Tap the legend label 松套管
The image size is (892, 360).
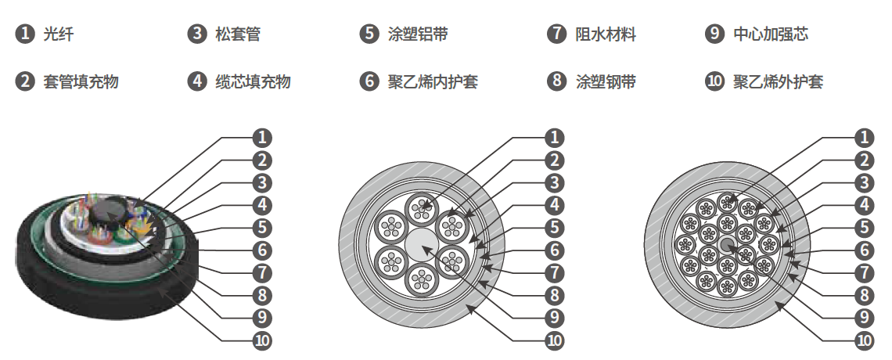pyautogui.click(x=238, y=34)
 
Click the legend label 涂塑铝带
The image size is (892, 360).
pyautogui.click(x=418, y=34)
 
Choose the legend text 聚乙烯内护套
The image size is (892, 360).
pyautogui.click(x=433, y=81)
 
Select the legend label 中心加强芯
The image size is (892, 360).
pyautogui.click(x=771, y=34)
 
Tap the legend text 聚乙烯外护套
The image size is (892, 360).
pyautogui.click(x=778, y=81)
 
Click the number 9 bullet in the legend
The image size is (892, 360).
pyautogui.click(x=714, y=34)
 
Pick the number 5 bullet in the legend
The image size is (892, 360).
pyautogui.click(x=369, y=34)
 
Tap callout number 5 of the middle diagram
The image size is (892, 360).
pyautogui.click(x=554, y=228)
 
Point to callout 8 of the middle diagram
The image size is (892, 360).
pyautogui.click(x=554, y=296)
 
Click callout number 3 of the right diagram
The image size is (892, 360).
pyautogui.click(x=864, y=183)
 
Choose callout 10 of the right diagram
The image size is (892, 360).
pyautogui.click(x=864, y=340)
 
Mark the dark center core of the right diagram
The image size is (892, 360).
pyautogui.click(x=728, y=245)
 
